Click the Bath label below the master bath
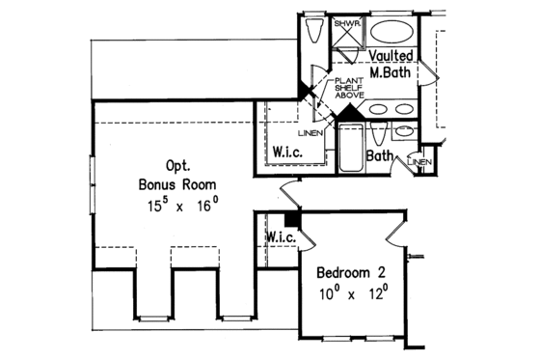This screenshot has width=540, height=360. pyautogui.click(x=381, y=155)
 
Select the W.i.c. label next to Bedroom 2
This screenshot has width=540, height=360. pyautogui.click(x=279, y=236)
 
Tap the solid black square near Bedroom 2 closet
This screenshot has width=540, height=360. pyautogui.click(x=293, y=220)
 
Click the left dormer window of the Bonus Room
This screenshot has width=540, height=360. pyautogui.click(x=149, y=315)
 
